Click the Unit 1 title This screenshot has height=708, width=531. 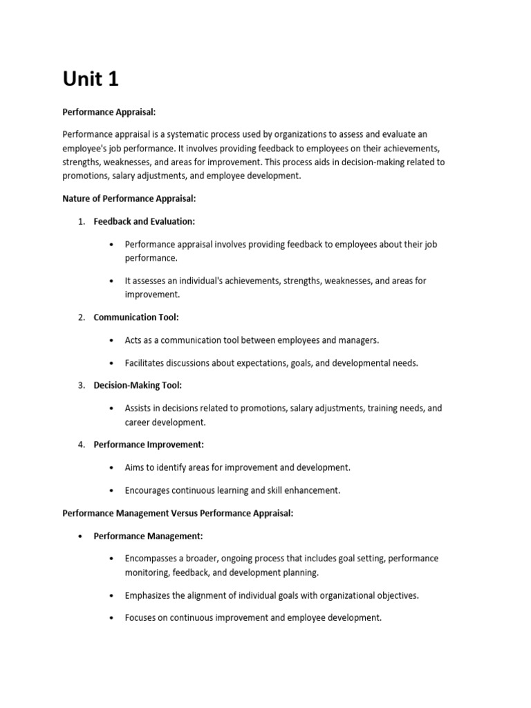[91, 80]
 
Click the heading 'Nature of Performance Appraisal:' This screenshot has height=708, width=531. [129, 198]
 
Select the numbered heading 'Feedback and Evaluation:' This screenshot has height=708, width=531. [145, 221]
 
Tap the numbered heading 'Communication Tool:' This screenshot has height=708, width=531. [136, 317]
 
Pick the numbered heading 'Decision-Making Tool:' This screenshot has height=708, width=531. [138, 385]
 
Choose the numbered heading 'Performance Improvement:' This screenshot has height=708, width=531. [149, 445]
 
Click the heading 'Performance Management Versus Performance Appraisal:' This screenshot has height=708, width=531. [178, 513]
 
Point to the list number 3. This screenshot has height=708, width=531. [81, 385]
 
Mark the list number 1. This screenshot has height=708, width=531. [81, 221]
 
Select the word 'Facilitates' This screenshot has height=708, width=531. [147, 363]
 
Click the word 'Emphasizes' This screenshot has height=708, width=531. [147, 595]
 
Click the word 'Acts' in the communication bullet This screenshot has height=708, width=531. [133, 340]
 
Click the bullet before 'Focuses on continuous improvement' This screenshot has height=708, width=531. [112, 618]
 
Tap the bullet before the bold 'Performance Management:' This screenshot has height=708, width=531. [81, 536]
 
